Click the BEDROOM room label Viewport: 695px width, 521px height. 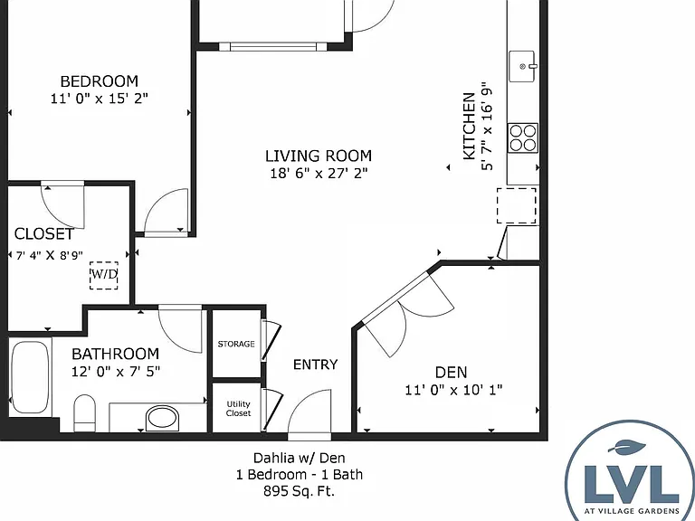(100, 81)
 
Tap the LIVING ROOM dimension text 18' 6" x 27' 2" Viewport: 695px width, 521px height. (319, 174)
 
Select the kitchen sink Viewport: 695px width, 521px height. (522, 66)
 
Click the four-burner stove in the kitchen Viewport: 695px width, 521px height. (523, 137)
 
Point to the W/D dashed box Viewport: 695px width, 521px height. (104, 275)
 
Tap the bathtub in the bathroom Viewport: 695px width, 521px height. (30, 377)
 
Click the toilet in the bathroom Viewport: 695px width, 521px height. (84, 412)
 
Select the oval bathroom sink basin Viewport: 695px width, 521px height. (163, 417)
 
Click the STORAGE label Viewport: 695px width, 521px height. (236, 344)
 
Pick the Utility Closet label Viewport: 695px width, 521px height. (239, 409)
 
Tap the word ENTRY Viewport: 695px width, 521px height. (316, 365)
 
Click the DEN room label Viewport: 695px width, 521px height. (452, 372)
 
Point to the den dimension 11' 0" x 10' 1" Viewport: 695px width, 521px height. (453, 391)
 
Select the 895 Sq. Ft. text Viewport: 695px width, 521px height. (300, 491)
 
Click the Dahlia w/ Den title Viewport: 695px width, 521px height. (300, 458)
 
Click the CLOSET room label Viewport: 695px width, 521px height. (44, 234)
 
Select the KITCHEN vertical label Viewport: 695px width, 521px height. (469, 126)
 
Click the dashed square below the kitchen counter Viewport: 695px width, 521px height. (517, 205)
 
